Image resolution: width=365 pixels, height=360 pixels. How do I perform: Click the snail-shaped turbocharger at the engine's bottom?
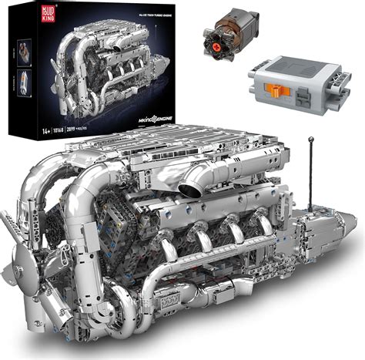(162, 316)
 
